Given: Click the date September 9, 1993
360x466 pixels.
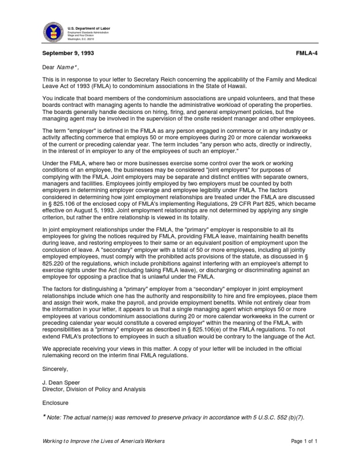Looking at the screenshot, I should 68,53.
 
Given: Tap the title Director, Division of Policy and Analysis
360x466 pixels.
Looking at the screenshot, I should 94,389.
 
